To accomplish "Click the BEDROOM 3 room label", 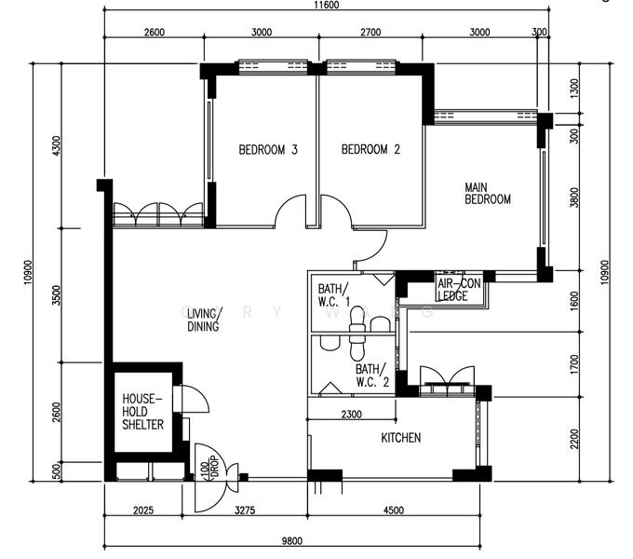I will tap(267, 150).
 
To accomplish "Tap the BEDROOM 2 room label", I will tap(370, 150).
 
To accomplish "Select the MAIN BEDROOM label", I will tap(488, 194).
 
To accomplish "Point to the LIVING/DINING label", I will tap(203, 320).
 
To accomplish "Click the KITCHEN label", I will tap(400, 437).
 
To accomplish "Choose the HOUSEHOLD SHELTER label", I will tap(142, 412).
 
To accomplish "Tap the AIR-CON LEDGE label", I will tap(455, 291).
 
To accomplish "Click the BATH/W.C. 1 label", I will tap(334, 294).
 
